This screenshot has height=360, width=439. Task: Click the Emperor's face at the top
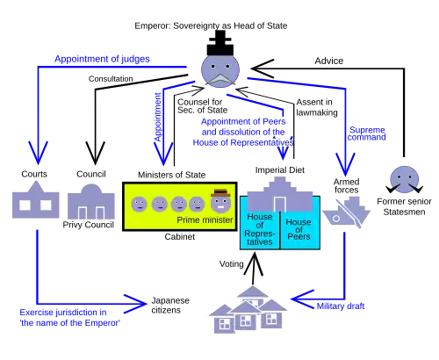[219, 70]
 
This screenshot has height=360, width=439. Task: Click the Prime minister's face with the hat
[219, 203]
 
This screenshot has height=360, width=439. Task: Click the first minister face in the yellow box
[140, 205]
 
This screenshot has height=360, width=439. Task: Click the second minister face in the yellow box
[160, 205]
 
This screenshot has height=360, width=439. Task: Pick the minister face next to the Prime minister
[197, 205]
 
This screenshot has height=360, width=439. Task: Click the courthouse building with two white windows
[35, 204]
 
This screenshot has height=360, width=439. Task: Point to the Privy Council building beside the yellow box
[91, 204]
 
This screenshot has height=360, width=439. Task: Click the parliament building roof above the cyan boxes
[279, 191]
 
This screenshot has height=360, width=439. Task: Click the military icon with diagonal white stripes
[347, 213]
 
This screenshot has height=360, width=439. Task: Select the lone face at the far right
[404, 178]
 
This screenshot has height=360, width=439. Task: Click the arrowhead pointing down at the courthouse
[38, 155]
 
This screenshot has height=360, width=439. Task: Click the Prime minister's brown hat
[219, 192]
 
